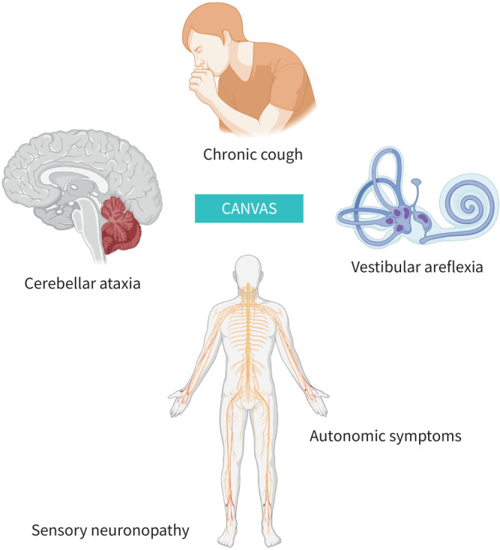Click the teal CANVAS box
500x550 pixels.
[x=249, y=208]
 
